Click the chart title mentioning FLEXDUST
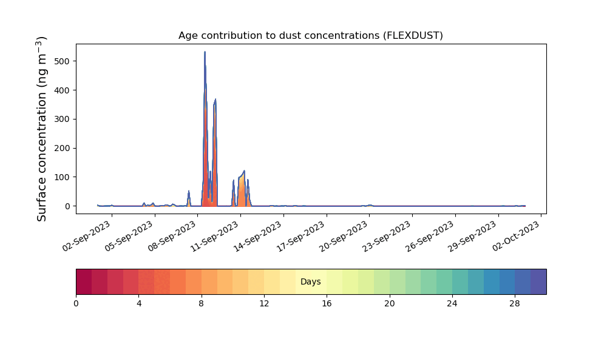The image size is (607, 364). [310, 36]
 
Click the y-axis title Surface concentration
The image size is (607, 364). [41, 129]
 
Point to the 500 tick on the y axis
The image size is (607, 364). [63, 61]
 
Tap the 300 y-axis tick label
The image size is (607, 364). [63, 119]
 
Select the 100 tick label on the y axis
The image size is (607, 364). [63, 177]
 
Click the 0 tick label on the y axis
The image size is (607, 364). [68, 206]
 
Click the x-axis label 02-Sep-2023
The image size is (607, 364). [87, 236]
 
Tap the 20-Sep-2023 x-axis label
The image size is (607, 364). [344, 236]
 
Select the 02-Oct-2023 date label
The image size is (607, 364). [515, 236]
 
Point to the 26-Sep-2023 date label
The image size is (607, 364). [430, 236]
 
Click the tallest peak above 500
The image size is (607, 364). [205, 52]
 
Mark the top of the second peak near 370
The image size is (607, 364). [215, 99]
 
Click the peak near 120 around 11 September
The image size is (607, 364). [244, 170]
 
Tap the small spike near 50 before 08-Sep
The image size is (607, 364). [189, 190]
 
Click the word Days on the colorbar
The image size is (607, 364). [310, 281]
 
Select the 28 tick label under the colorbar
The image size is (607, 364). [515, 304]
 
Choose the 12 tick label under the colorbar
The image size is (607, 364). [264, 304]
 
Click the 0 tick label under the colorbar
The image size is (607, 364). [76, 304]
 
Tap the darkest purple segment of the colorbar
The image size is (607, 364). [538, 281]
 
